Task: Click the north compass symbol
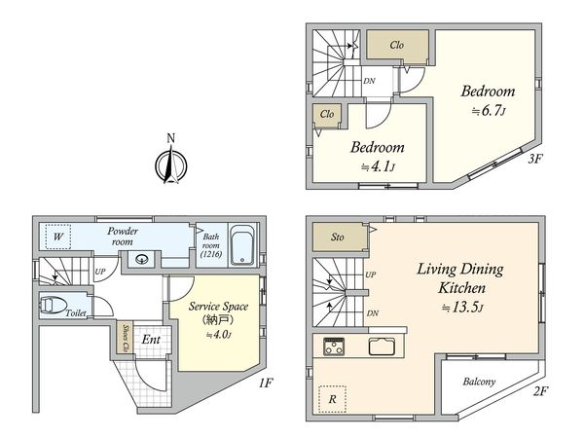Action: pyautogui.click(x=171, y=164)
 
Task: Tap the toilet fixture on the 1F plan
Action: pyautogui.click(x=53, y=305)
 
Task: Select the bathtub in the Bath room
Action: pyautogui.click(x=242, y=245)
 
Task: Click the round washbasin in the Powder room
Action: pyautogui.click(x=142, y=259)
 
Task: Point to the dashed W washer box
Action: pyautogui.click(x=58, y=237)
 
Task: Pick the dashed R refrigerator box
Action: pyautogui.click(x=332, y=399)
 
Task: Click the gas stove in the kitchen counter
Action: pyautogui.click(x=334, y=347)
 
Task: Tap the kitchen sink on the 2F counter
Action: pyautogui.click(x=381, y=346)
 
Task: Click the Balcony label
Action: pyautogui.click(x=479, y=382)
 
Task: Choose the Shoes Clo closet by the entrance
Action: pyautogui.click(x=126, y=338)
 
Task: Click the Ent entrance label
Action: pyautogui.click(x=151, y=340)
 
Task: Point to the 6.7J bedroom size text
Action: pyautogui.click(x=489, y=111)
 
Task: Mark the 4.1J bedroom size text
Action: pyautogui.click(x=378, y=166)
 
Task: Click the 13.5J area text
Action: pyautogui.click(x=462, y=308)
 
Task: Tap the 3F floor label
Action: pyautogui.click(x=534, y=160)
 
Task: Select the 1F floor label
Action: pyautogui.click(x=267, y=383)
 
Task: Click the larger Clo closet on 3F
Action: pyautogui.click(x=397, y=45)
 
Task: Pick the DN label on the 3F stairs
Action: pyautogui.click(x=369, y=81)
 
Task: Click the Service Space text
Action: pyautogui.click(x=218, y=307)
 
